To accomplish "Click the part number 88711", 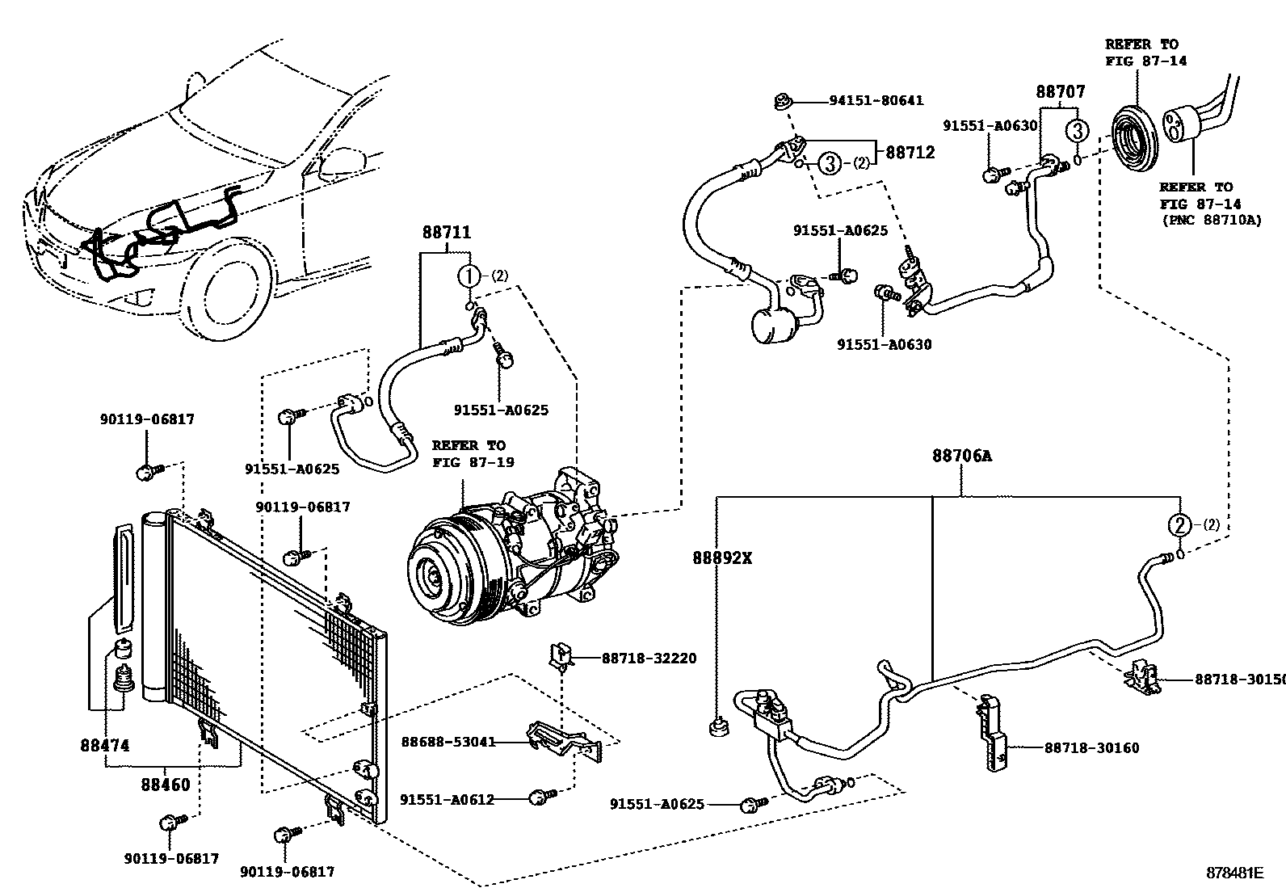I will [446, 233].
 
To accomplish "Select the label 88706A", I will [961, 457].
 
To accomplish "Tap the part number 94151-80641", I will [876, 101].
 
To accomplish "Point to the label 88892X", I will [722, 558].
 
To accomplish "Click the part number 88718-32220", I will [649, 659].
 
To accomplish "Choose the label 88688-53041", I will [448, 742].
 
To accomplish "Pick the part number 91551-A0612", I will [447, 799].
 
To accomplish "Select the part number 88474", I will [105, 746].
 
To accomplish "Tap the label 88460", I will [166, 785].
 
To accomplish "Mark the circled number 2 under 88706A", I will [1180, 525].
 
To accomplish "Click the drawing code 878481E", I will [1234, 873].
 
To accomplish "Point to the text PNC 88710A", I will [1211, 219].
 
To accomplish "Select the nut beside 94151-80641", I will [781, 101].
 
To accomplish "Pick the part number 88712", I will [910, 152].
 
